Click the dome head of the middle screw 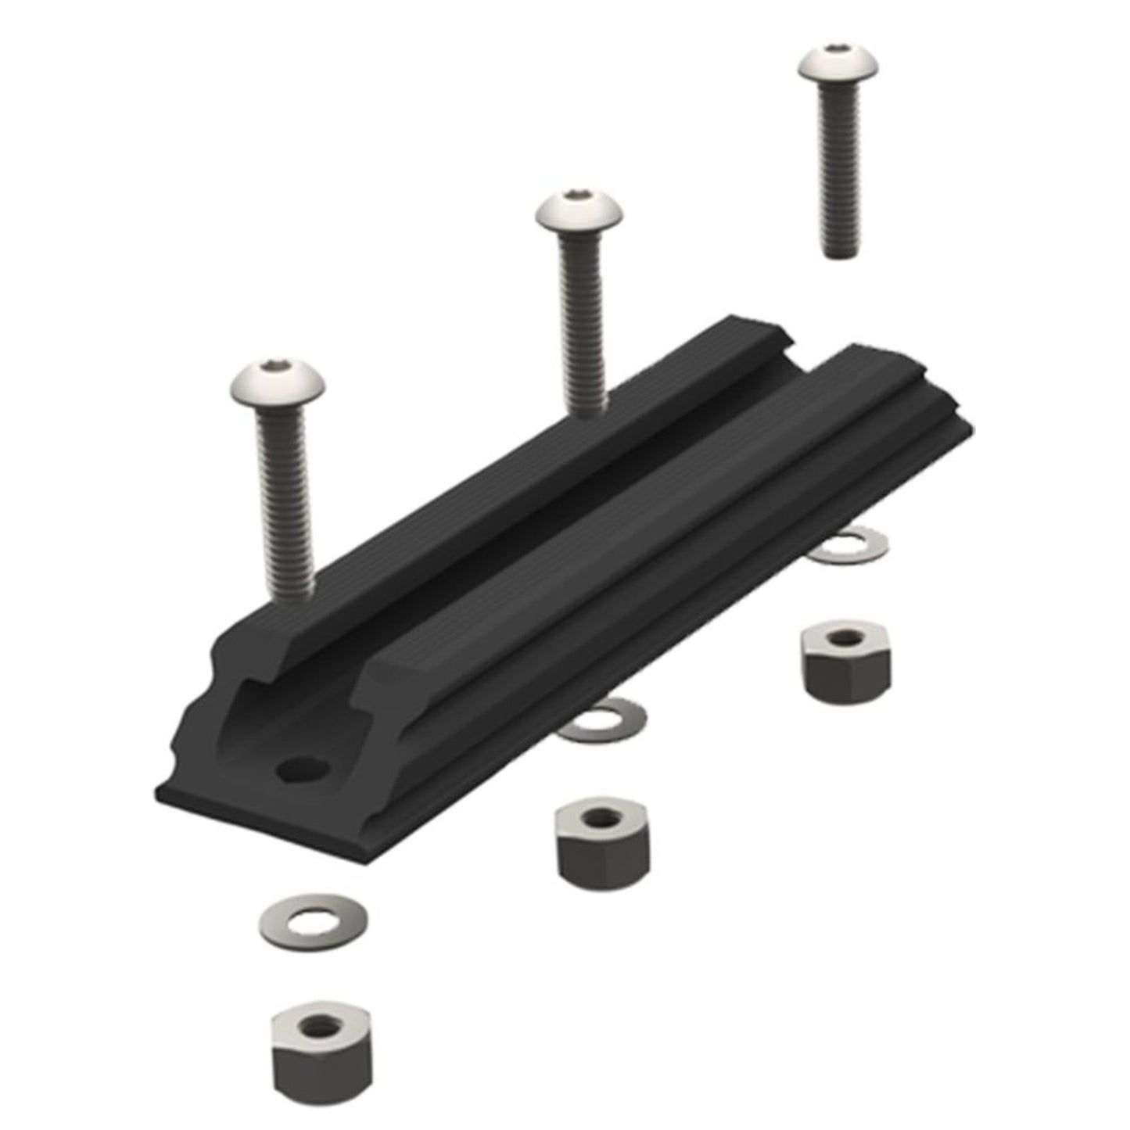[x=579, y=213]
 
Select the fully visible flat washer [x=314, y=923]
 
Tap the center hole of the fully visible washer [x=314, y=922]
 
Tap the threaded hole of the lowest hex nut [x=321, y=1024]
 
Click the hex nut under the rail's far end [x=846, y=662]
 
